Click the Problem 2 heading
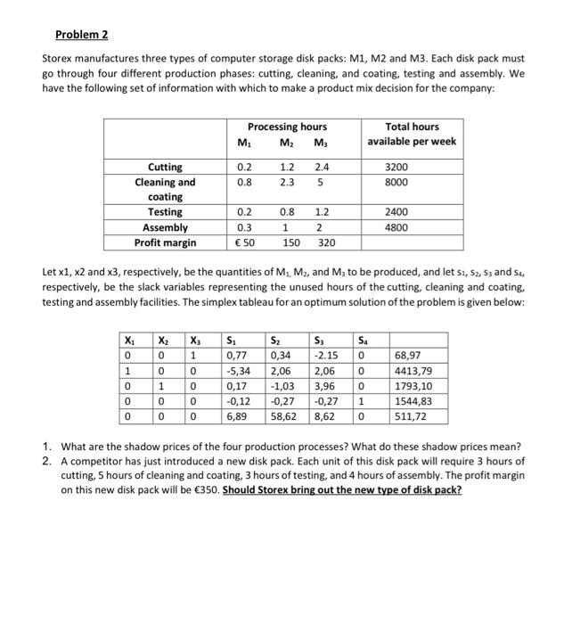pyautogui.click(x=80, y=35)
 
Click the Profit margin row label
pyautogui.click(x=165, y=242)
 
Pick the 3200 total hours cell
pyautogui.click(x=409, y=167)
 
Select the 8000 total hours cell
pyautogui.click(x=409, y=182)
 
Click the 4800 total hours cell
pyautogui.click(x=409, y=227)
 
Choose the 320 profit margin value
pyautogui.click(x=326, y=242)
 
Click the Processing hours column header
pyautogui.click(x=287, y=127)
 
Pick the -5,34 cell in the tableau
pyautogui.click(x=238, y=374)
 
